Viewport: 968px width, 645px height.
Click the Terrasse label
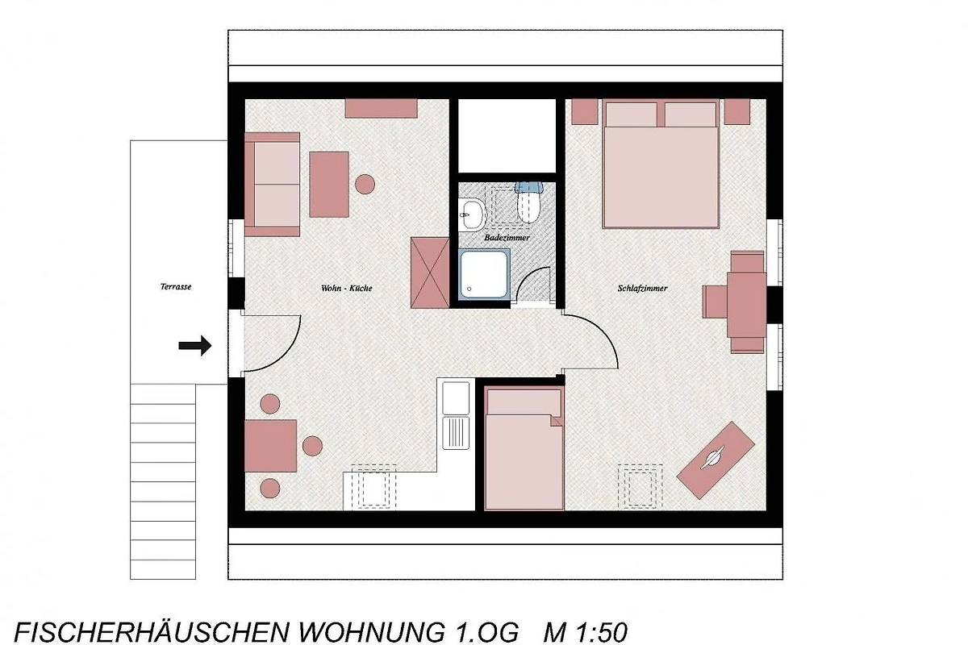tap(176, 286)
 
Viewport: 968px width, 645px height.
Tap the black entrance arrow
tap(195, 345)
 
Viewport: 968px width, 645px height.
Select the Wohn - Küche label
tap(347, 288)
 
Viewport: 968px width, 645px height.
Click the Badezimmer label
tap(507, 238)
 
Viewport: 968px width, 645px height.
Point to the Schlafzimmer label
tap(642, 288)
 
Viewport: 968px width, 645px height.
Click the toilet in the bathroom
tap(528, 202)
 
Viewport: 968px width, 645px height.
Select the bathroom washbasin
tap(472, 214)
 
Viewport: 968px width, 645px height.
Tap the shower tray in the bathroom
tap(484, 273)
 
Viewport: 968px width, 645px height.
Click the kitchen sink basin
tap(456, 398)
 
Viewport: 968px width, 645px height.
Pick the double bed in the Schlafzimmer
tap(661, 164)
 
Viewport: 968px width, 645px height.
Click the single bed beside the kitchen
tap(524, 448)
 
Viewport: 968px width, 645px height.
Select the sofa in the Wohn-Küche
tap(273, 185)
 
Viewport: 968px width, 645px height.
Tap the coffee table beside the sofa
tap(329, 185)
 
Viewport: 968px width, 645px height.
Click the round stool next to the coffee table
tap(365, 184)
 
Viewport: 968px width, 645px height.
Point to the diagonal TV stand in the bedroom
tap(716, 460)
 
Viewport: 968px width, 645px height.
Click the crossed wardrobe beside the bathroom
tap(430, 273)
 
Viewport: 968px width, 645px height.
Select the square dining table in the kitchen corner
tap(270, 446)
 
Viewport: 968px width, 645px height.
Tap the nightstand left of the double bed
tap(585, 112)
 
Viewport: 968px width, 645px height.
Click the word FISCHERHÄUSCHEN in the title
tap(152, 632)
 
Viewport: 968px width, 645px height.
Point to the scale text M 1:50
tap(585, 633)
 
